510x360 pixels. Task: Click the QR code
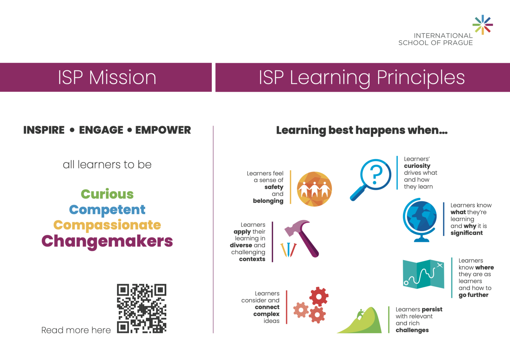click(x=142, y=308)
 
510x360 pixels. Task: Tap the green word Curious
click(x=107, y=194)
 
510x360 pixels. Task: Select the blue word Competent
click(x=107, y=210)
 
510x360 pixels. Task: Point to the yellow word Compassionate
click(x=107, y=225)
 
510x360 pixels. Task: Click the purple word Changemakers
click(x=107, y=241)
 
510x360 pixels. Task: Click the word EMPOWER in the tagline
click(x=163, y=130)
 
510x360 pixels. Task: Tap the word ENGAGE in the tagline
click(x=101, y=130)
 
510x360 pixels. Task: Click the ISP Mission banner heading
click(x=107, y=77)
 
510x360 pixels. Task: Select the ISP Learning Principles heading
click(x=362, y=78)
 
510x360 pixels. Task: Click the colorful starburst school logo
click(x=483, y=25)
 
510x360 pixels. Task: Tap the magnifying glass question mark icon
click(x=371, y=180)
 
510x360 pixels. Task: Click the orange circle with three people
click(x=314, y=189)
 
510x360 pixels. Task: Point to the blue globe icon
click(x=420, y=220)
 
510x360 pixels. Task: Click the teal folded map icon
click(x=423, y=274)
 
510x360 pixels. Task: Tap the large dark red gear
click(x=319, y=297)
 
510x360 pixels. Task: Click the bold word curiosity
click(x=417, y=166)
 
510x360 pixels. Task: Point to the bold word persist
click(x=432, y=310)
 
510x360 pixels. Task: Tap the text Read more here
click(x=76, y=330)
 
